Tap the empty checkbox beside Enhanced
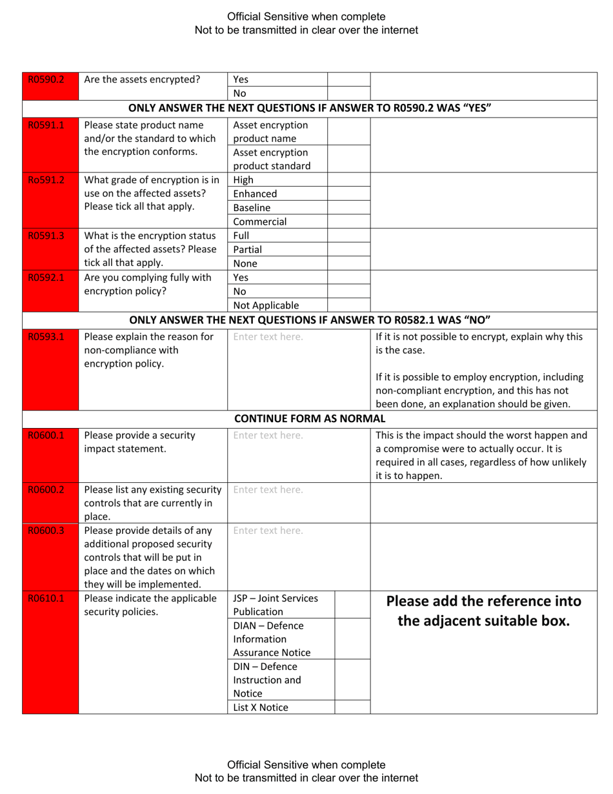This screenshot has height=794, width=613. pos(348,194)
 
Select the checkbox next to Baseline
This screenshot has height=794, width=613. pos(348,208)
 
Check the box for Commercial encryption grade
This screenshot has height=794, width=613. pos(348,221)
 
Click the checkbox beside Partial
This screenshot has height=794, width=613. pos(348,249)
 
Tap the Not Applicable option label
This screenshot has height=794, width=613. pos(266,305)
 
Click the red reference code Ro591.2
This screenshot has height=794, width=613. pos(46,180)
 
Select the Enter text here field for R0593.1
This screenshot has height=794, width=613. pos(268,336)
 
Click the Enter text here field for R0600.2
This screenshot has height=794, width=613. pos(268,490)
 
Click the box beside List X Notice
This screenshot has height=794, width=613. pos(352,707)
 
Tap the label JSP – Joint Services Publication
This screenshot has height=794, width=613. pos(276,605)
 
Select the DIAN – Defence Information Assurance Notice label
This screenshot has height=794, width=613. pos(272,639)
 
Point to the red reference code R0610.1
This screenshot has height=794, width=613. pos(46,598)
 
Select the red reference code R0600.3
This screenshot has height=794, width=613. pos(46,531)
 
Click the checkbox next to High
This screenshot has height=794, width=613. pos(348,180)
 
